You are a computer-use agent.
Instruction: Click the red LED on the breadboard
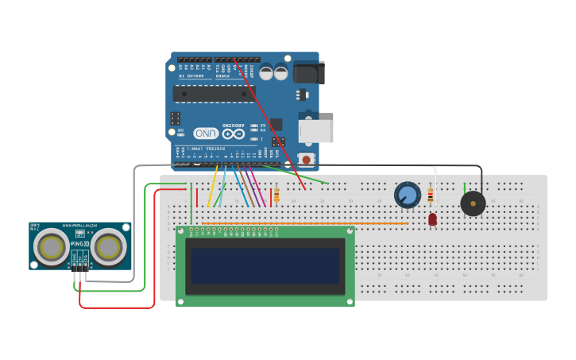pos(432,219)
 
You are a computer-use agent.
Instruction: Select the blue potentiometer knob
pos(408,195)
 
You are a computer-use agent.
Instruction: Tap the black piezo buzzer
pos(473,203)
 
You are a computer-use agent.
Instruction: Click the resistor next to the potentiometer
pos(431,195)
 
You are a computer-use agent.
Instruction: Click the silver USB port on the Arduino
pos(315,131)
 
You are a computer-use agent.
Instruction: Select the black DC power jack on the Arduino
pos(309,72)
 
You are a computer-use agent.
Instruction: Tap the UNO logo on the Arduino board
pos(206,133)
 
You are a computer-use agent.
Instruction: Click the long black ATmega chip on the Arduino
pos(214,94)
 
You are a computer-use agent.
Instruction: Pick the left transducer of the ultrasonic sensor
pos(51,246)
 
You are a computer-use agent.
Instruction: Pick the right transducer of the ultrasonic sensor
pos(108,246)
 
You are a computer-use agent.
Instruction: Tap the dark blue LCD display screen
pos(265,266)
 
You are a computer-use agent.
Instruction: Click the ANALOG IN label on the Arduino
pos(193,75)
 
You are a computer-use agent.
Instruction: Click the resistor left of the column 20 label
pos(276,195)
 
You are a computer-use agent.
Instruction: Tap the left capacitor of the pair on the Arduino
pos(266,73)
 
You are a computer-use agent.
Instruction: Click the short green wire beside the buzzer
pos(465,188)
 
